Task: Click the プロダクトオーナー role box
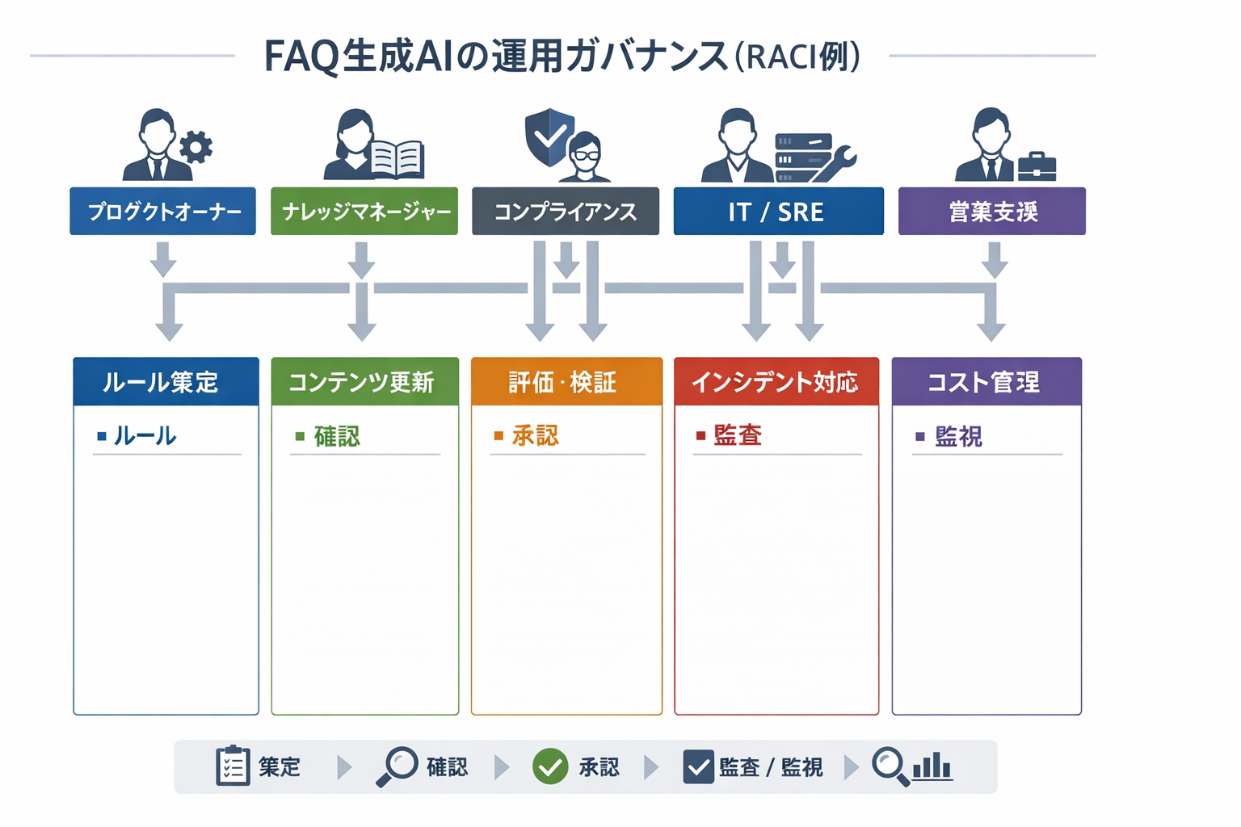(162, 212)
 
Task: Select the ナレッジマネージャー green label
(364, 212)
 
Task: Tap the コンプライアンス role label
(565, 212)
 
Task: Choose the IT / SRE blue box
(778, 212)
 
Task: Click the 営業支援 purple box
(991, 212)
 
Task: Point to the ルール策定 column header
(166, 382)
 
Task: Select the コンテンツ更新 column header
(364, 382)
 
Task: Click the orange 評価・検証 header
(566, 382)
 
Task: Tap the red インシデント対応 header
(776, 382)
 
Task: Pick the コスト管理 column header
(986, 382)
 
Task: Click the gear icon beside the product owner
(196, 148)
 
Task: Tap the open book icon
(398, 158)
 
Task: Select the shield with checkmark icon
(549, 136)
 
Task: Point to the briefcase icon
(1037, 166)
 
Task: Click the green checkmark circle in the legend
(550, 766)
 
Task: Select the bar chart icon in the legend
(932, 766)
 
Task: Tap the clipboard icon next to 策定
(233, 766)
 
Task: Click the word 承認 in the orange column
(535, 436)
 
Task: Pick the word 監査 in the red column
(738, 436)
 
